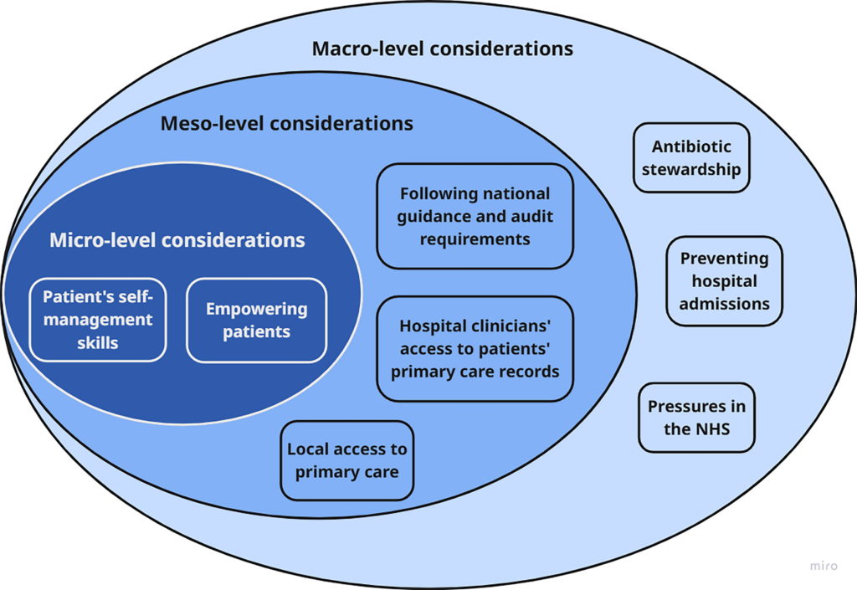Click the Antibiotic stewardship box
[691, 158]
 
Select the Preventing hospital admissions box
[724, 281]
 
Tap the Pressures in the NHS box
[696, 418]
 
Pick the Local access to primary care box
[346, 460]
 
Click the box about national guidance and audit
[475, 216]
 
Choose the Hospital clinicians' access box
[475, 348]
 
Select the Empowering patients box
[256, 320]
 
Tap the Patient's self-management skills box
[98, 320]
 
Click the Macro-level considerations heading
[442, 49]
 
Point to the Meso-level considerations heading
[286, 124]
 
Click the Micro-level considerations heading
[177, 241]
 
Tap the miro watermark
[823, 567]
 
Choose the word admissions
[724, 303]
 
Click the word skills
[98, 341]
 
